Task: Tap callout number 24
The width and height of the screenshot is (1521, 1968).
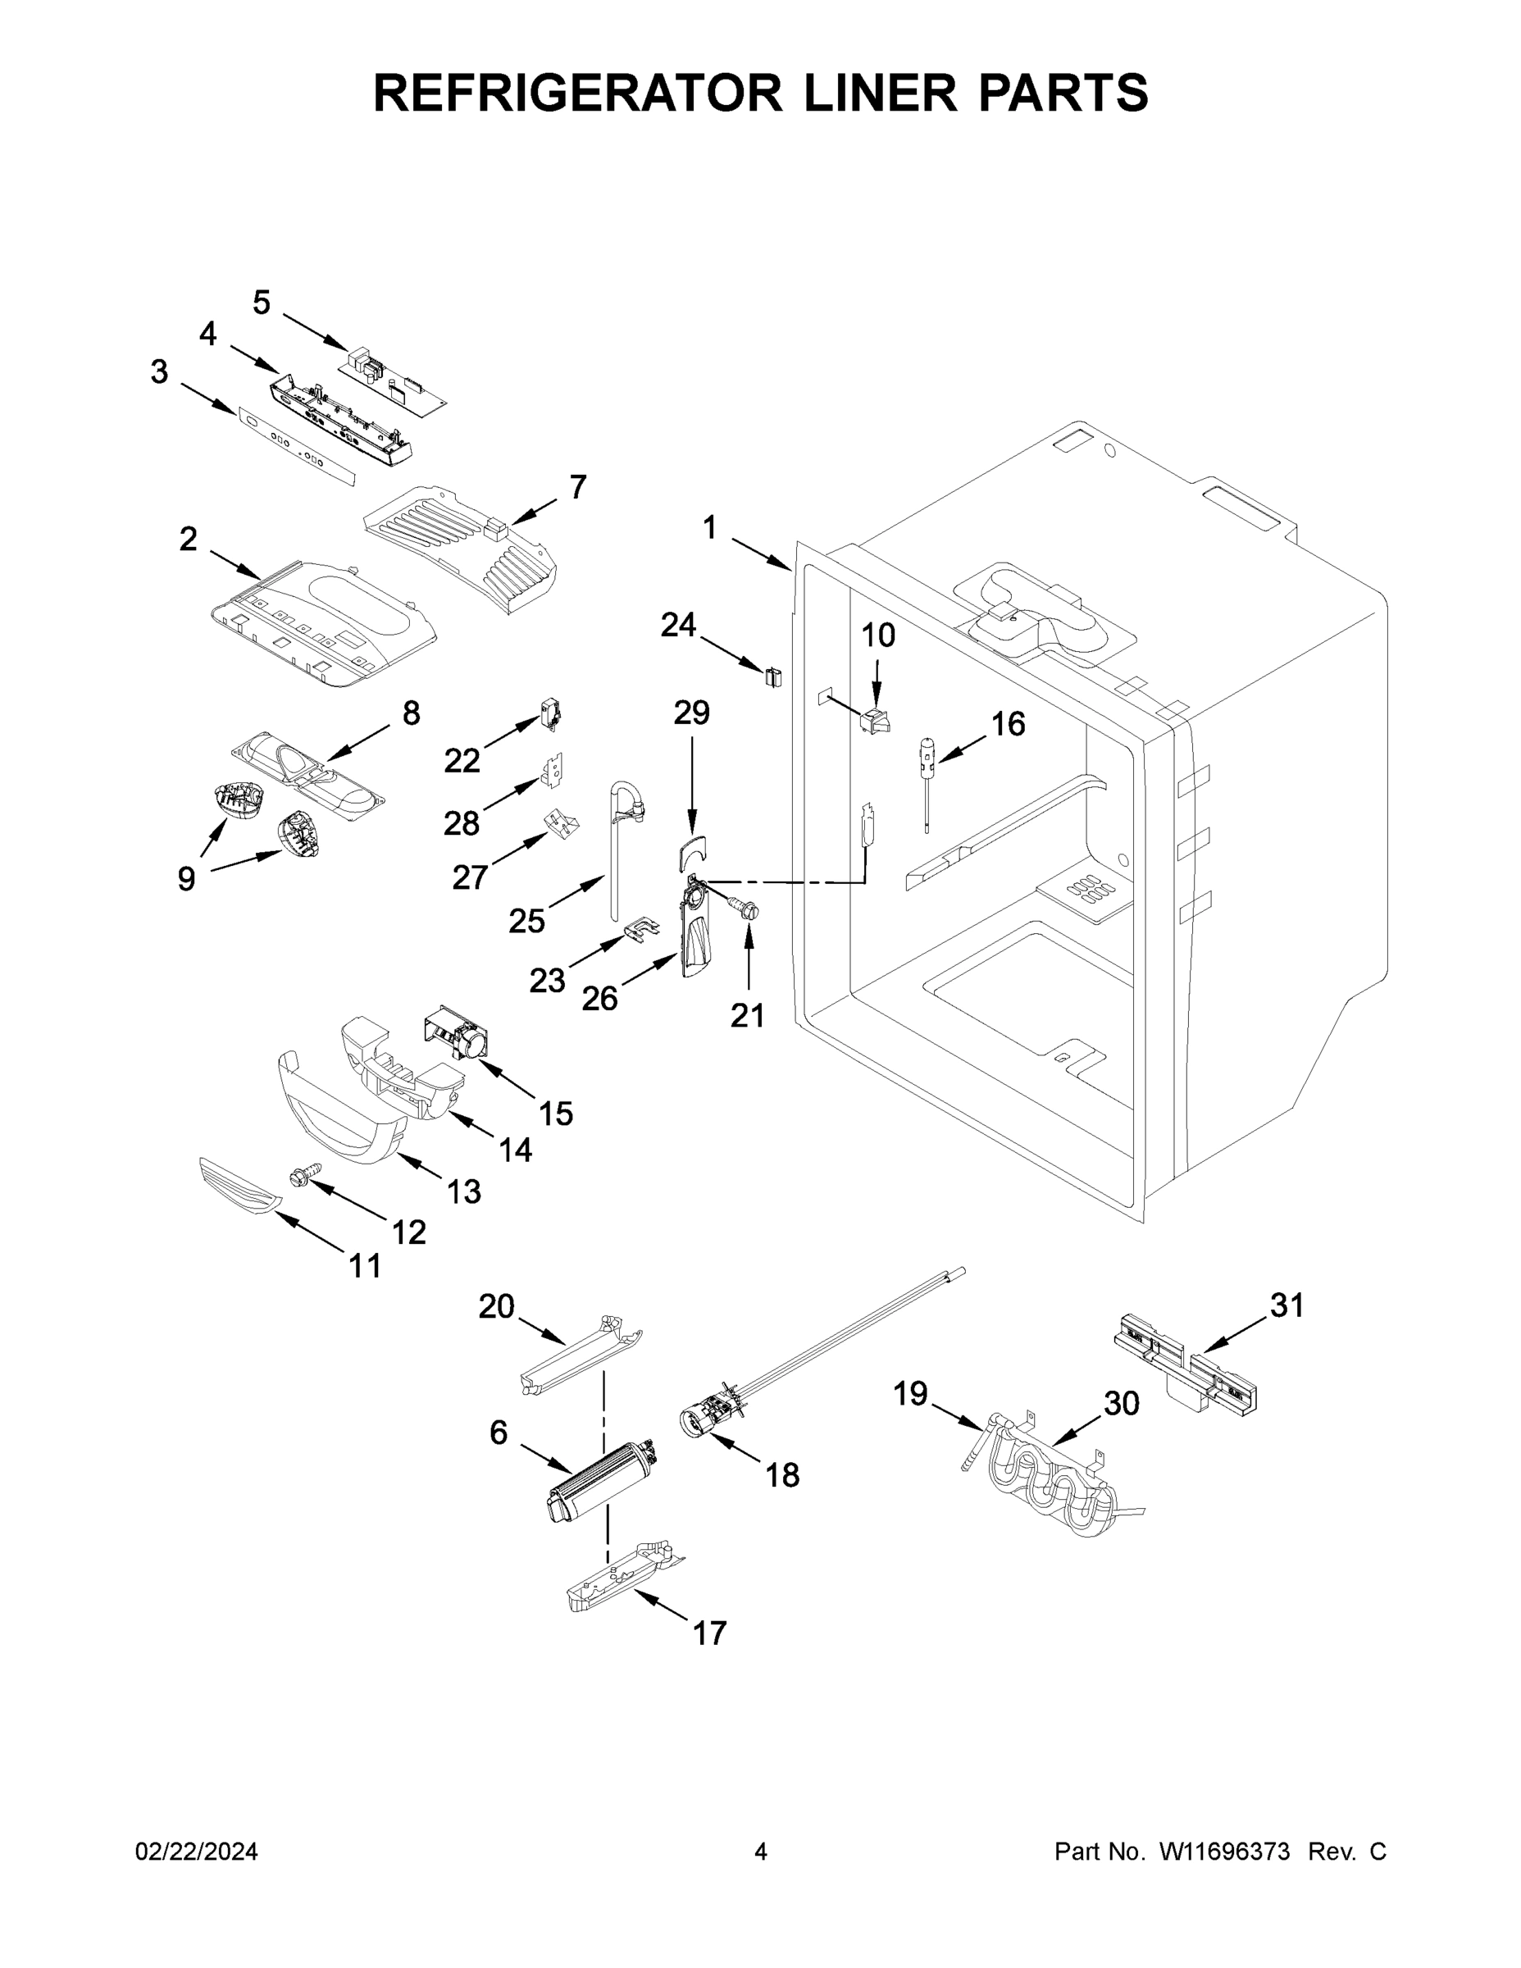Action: click(x=677, y=625)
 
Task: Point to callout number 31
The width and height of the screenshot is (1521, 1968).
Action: click(x=1286, y=1305)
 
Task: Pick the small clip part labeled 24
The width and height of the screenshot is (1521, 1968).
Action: click(x=772, y=676)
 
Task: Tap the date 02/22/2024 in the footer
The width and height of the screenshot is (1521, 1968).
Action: click(x=197, y=1852)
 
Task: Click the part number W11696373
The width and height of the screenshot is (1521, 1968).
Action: click(x=1224, y=1852)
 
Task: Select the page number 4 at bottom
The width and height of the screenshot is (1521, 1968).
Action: click(x=761, y=1852)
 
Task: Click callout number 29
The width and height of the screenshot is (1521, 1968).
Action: click(x=691, y=712)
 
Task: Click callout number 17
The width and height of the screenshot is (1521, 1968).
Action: click(x=709, y=1633)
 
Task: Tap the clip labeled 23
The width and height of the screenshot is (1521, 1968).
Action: click(x=639, y=929)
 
